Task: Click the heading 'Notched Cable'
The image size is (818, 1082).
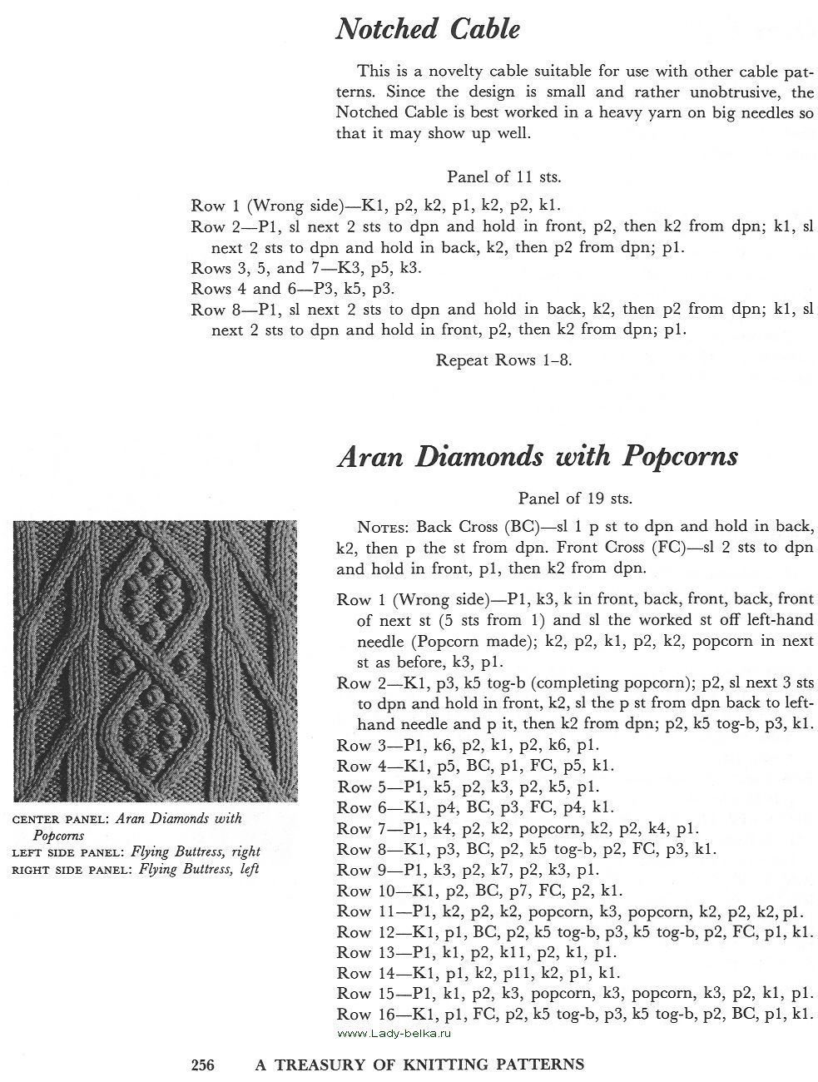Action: point(428,30)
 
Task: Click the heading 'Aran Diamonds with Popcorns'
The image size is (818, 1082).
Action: point(537,456)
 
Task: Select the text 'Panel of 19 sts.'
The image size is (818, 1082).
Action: point(575,499)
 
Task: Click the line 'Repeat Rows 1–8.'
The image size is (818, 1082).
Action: point(503,360)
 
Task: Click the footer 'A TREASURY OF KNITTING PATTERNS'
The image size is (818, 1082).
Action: point(419,1064)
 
